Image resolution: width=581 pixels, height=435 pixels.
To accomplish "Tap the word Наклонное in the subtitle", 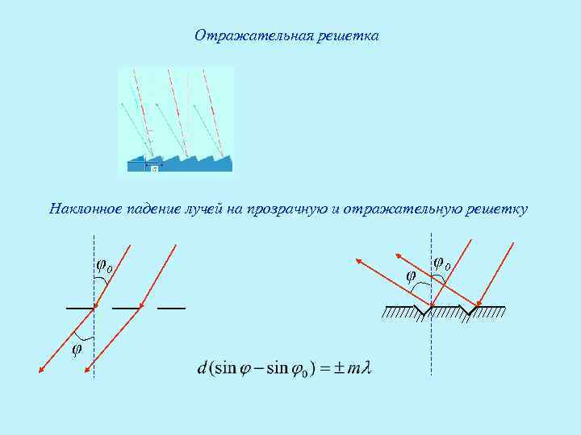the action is pyautogui.click(x=85, y=209).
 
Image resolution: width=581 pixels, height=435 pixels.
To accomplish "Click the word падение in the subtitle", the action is pyautogui.click(x=153, y=209).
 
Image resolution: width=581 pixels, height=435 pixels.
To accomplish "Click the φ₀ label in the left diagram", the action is pyautogui.click(x=104, y=265).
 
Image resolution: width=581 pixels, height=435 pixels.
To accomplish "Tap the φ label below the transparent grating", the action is pyautogui.click(x=77, y=350).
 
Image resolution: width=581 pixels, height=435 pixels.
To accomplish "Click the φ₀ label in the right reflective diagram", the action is pyautogui.click(x=442, y=263).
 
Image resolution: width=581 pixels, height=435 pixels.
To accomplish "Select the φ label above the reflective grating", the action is pyautogui.click(x=411, y=275).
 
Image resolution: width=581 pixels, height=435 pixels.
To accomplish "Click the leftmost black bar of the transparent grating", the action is pyautogui.click(x=80, y=309).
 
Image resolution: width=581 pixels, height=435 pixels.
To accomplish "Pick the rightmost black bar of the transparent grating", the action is pyautogui.click(x=171, y=309).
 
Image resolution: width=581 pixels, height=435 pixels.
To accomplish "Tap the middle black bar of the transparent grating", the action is pyautogui.click(x=125, y=309).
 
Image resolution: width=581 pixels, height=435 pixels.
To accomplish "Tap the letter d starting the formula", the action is pyautogui.click(x=202, y=368).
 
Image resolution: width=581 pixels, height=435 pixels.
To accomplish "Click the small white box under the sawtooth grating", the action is pyautogui.click(x=153, y=168).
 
